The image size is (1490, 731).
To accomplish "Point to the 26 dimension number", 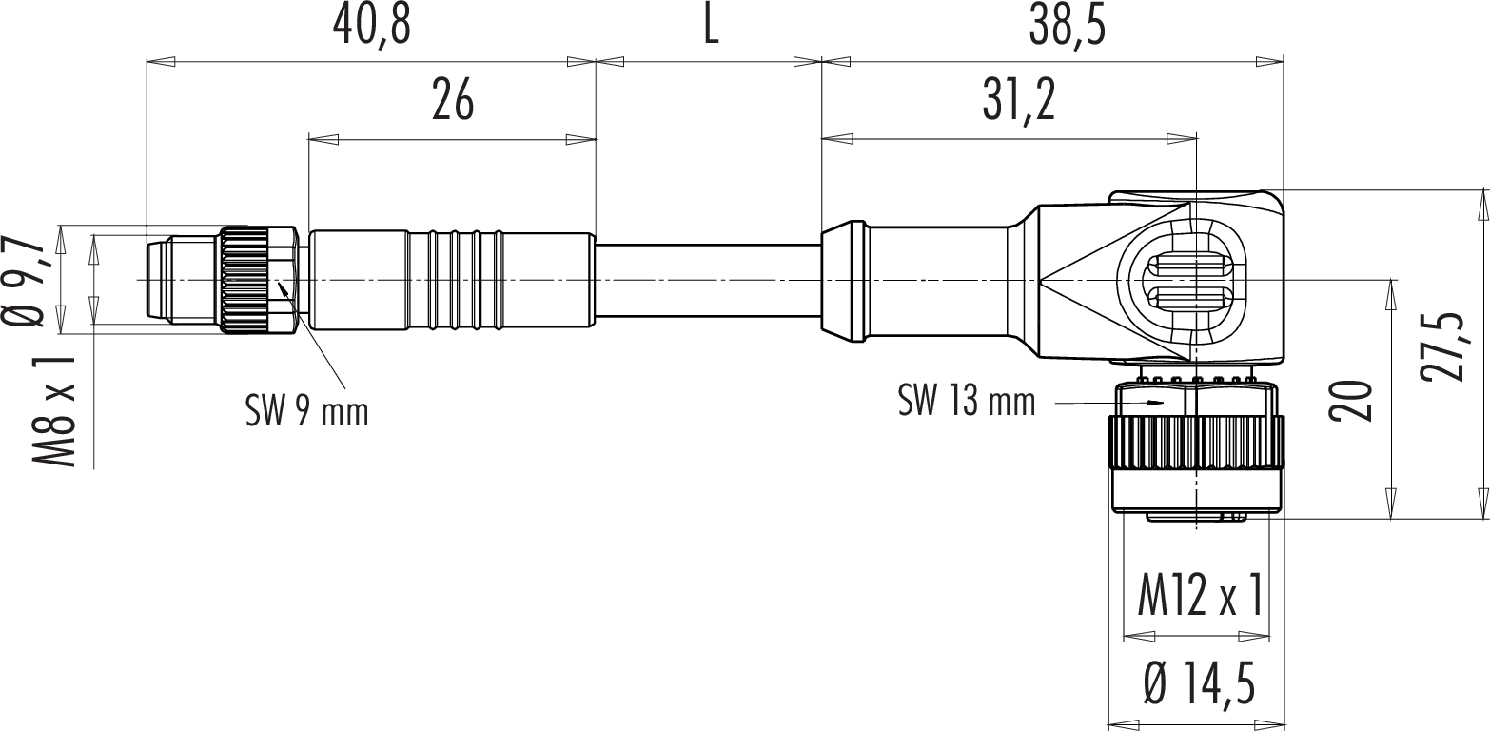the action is [453, 101].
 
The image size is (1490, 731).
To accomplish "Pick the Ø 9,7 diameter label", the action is [25, 282].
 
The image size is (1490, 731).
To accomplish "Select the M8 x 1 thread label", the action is [54, 411].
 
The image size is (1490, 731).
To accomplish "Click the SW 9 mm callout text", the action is [306, 411].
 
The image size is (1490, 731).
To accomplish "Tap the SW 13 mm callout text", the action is [967, 401].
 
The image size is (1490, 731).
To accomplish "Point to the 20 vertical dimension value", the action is [1350, 401].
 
